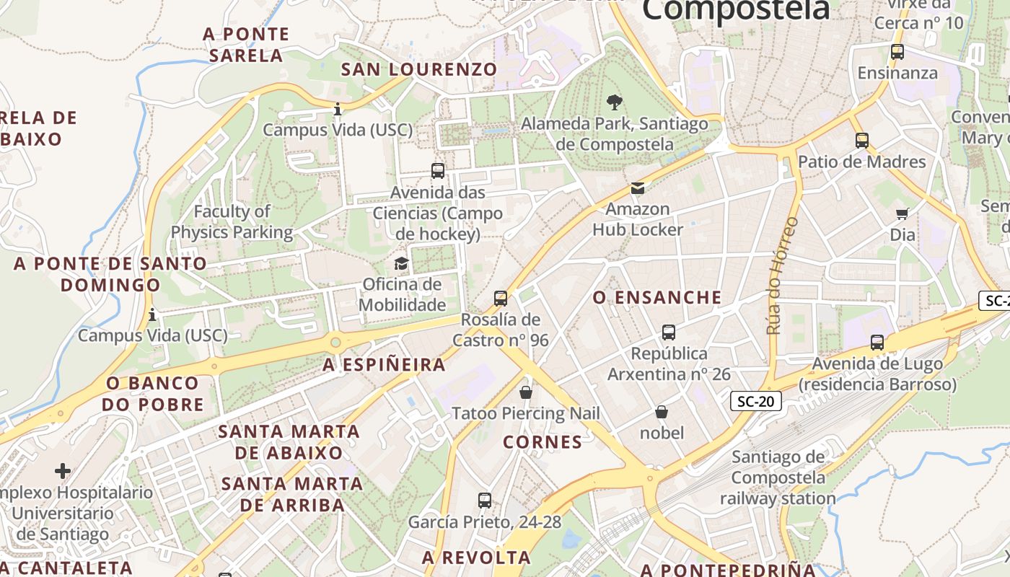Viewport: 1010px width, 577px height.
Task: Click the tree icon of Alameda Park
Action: tap(614, 102)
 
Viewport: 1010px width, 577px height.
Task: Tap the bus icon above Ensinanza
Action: tap(897, 52)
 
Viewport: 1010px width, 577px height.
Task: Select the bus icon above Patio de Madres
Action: tap(861, 141)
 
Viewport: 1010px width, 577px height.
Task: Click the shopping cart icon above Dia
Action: tap(902, 213)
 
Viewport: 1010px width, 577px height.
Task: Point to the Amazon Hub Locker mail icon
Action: tap(638, 188)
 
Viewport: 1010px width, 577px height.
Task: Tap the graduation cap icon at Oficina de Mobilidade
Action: tap(401, 263)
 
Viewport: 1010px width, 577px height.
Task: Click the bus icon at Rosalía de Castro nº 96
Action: tap(500, 298)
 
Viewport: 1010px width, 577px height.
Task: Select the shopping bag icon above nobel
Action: tap(661, 412)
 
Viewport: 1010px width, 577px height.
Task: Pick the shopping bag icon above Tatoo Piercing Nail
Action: tap(526, 392)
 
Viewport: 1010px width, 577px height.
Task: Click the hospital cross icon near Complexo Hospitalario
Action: tap(63, 471)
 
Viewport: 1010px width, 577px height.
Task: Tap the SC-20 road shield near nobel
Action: tap(756, 401)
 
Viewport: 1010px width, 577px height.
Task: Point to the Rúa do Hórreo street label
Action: tap(782, 276)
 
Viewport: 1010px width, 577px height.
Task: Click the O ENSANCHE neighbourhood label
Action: tap(657, 297)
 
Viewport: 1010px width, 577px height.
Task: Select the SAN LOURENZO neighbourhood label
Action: tap(419, 69)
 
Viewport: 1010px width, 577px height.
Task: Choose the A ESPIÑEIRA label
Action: tap(384, 365)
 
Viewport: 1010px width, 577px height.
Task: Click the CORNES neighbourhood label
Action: tap(543, 442)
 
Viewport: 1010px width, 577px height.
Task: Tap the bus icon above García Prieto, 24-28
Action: tap(485, 500)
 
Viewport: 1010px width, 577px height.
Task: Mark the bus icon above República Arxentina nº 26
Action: tap(668, 332)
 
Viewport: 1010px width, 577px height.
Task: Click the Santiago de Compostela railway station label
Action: tap(778, 477)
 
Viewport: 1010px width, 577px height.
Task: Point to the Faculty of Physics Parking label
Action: tap(232, 222)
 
